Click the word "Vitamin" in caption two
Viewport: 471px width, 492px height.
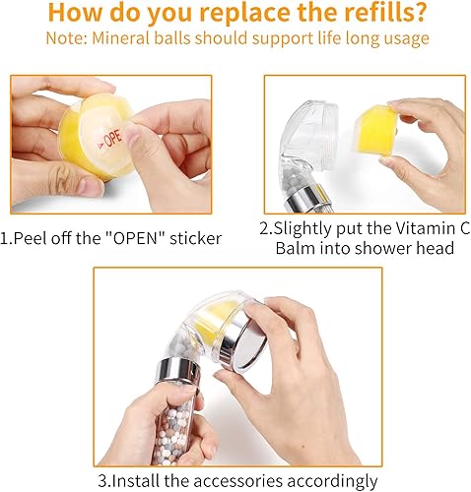pyautogui.click(x=406, y=228)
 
